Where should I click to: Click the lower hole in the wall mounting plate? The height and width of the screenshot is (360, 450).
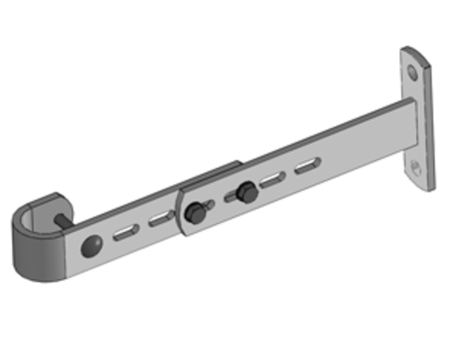pos(415,167)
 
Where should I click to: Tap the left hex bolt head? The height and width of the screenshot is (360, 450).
pos(195,213)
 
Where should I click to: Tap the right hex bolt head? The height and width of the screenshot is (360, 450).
pos(247,192)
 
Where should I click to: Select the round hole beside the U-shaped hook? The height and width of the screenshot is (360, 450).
pos(91,246)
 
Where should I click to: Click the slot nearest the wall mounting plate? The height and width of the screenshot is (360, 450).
pos(308,165)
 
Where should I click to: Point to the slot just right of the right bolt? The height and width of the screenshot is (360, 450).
pos(272,180)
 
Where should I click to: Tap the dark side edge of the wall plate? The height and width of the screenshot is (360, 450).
pos(431,132)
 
